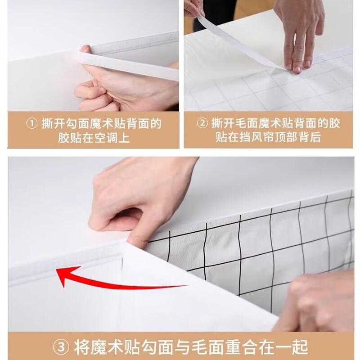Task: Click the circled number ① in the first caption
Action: click(32, 124)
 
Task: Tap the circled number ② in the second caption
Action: click(202, 123)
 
